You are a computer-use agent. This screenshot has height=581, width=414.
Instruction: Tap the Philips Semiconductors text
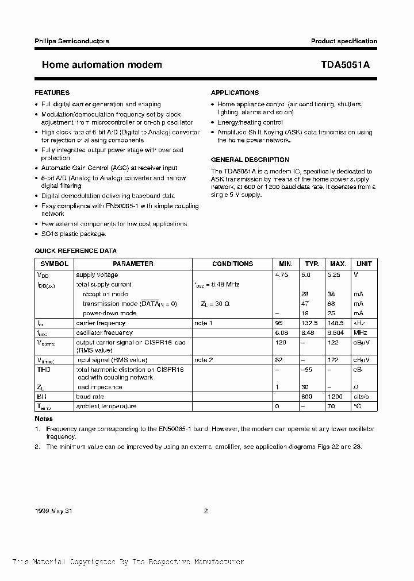[x=72, y=41]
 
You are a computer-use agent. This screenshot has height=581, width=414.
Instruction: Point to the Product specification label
[x=344, y=41]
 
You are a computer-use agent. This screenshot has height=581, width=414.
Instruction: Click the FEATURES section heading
[x=52, y=92]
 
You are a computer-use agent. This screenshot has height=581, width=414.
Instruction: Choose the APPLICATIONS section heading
[x=235, y=92]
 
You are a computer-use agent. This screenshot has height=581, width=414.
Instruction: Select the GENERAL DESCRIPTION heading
[x=250, y=160]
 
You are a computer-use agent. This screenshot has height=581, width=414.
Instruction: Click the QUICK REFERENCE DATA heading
[x=76, y=251]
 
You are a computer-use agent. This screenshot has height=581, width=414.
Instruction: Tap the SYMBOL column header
[x=53, y=264]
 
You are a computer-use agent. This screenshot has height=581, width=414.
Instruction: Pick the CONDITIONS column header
[x=232, y=264]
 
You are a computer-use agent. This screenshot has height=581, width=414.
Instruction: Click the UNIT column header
[x=364, y=264]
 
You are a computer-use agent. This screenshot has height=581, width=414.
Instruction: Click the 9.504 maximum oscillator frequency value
[x=337, y=332]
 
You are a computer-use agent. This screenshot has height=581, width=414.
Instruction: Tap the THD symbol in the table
[x=44, y=370]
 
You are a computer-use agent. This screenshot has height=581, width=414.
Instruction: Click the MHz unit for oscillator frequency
[x=360, y=332]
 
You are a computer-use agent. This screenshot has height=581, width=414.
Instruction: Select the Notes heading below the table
[x=44, y=419]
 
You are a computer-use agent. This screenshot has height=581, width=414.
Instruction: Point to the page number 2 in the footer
[x=205, y=510]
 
